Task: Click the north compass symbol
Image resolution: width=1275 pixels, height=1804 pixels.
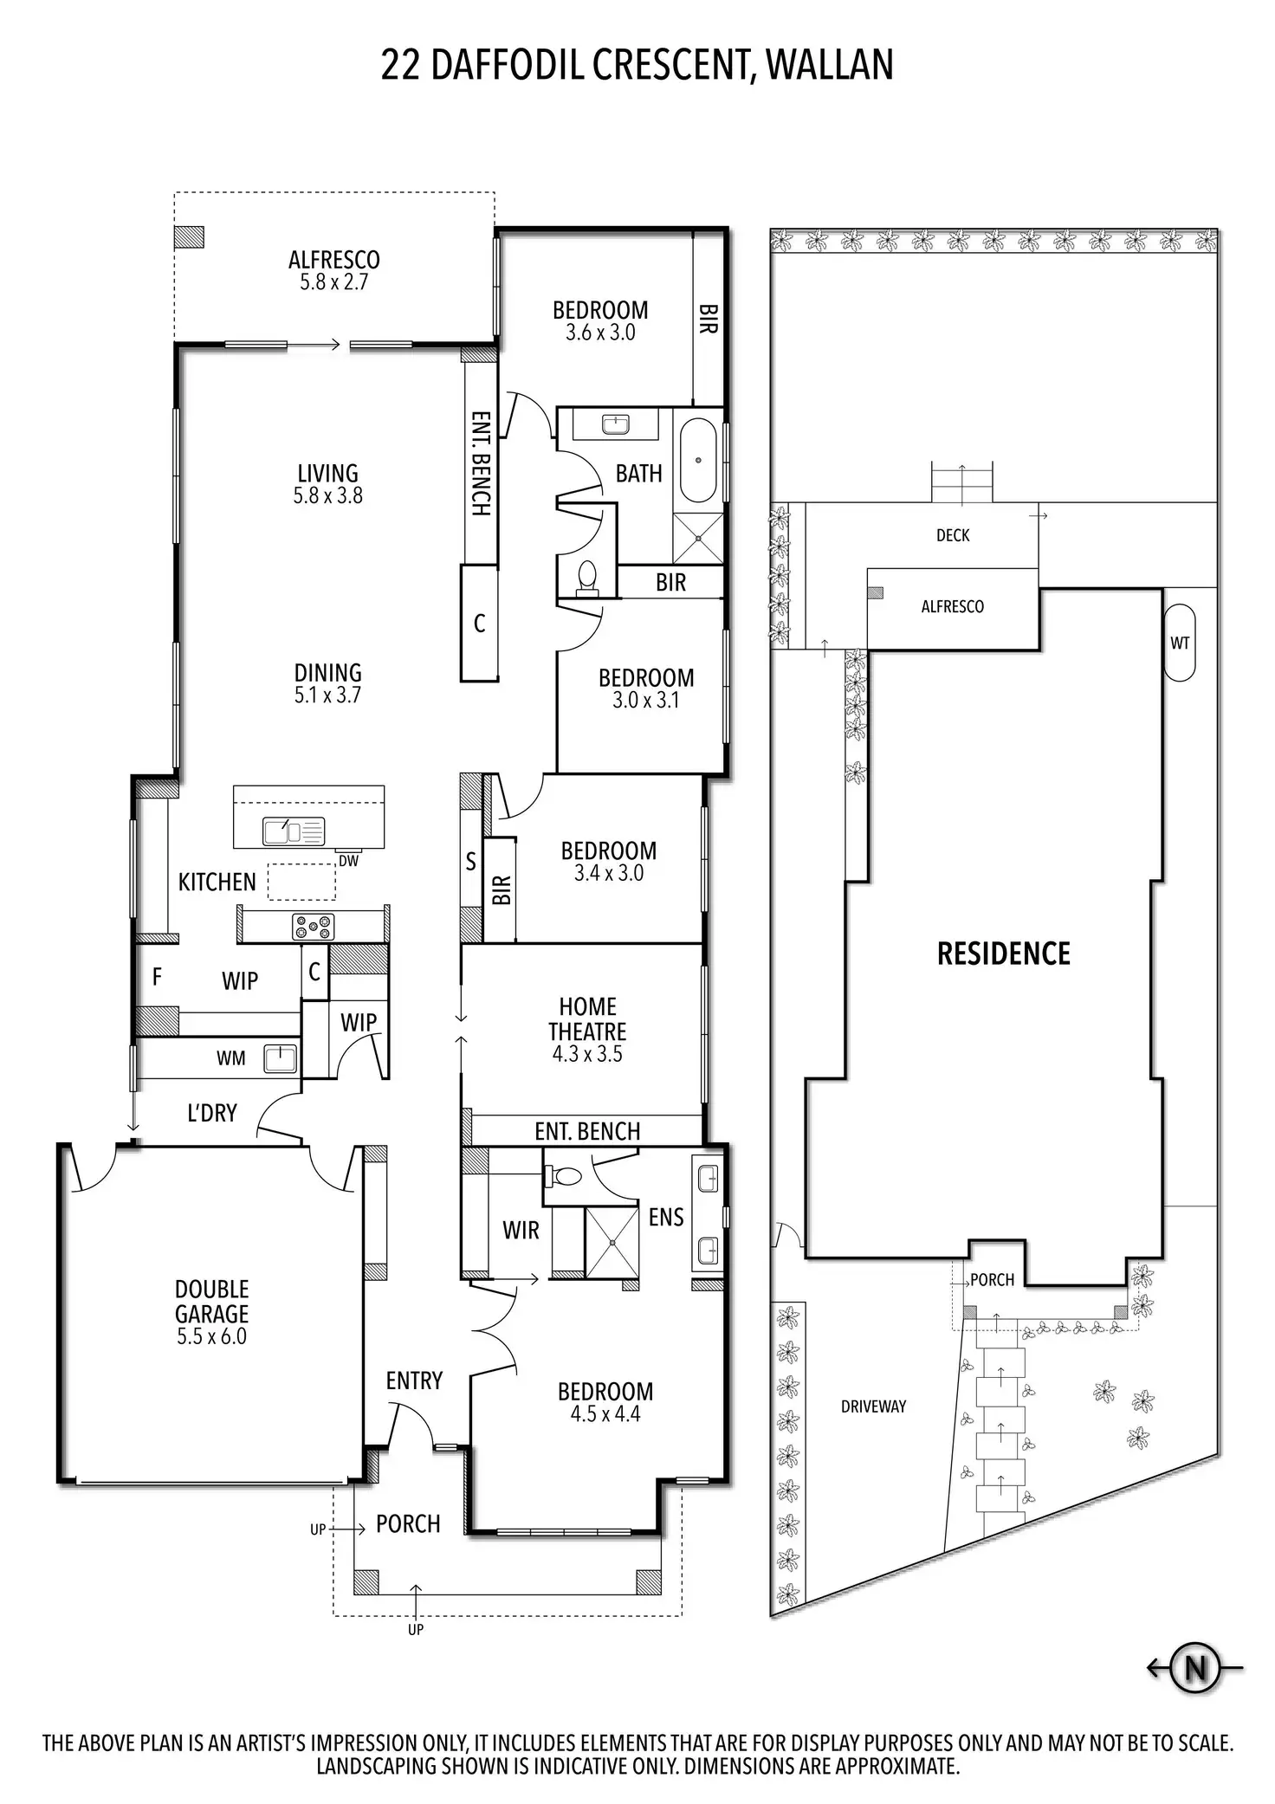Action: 1195,1666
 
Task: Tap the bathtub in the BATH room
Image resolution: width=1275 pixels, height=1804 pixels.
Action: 698,460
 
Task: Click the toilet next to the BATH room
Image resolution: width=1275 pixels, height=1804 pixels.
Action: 587,578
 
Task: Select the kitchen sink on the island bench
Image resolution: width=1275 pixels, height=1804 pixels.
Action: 294,831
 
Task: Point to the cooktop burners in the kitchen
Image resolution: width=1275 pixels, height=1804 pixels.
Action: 313,927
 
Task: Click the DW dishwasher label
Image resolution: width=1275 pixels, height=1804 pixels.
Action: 348,861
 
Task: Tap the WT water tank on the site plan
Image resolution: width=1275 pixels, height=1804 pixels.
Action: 1180,643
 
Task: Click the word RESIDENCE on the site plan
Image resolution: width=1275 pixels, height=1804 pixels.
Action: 1004,954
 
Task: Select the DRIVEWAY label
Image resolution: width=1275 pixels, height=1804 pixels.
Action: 873,1406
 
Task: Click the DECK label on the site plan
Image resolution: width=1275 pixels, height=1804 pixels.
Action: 953,535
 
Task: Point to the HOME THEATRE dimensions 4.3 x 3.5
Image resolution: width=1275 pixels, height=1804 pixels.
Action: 587,1054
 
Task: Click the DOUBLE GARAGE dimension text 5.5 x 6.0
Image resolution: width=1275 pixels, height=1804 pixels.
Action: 211,1336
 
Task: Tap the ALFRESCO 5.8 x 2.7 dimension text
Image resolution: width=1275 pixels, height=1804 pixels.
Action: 333,281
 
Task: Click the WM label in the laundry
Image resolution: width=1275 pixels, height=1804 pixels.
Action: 230,1058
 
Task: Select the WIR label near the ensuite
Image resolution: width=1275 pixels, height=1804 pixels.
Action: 521,1230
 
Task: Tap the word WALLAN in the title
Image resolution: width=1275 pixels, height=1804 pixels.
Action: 830,65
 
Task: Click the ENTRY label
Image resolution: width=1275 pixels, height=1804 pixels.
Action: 414,1380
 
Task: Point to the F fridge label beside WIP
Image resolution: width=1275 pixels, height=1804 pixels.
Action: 157,977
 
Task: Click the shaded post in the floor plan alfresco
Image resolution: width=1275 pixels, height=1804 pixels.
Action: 189,236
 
